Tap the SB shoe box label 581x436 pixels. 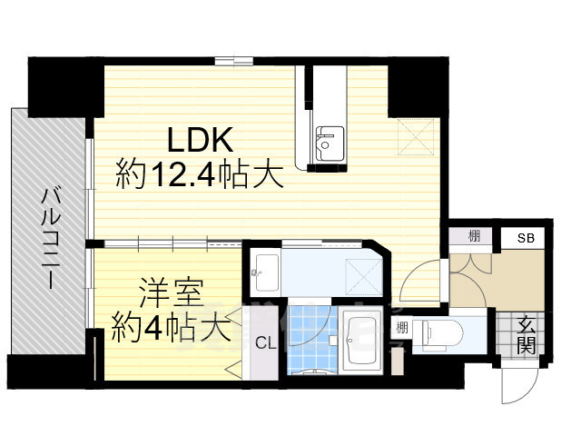click(x=526, y=238)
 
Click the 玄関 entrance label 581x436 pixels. click(x=525, y=334)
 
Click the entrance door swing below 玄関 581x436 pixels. click(x=518, y=385)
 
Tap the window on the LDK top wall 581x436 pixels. click(x=234, y=61)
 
